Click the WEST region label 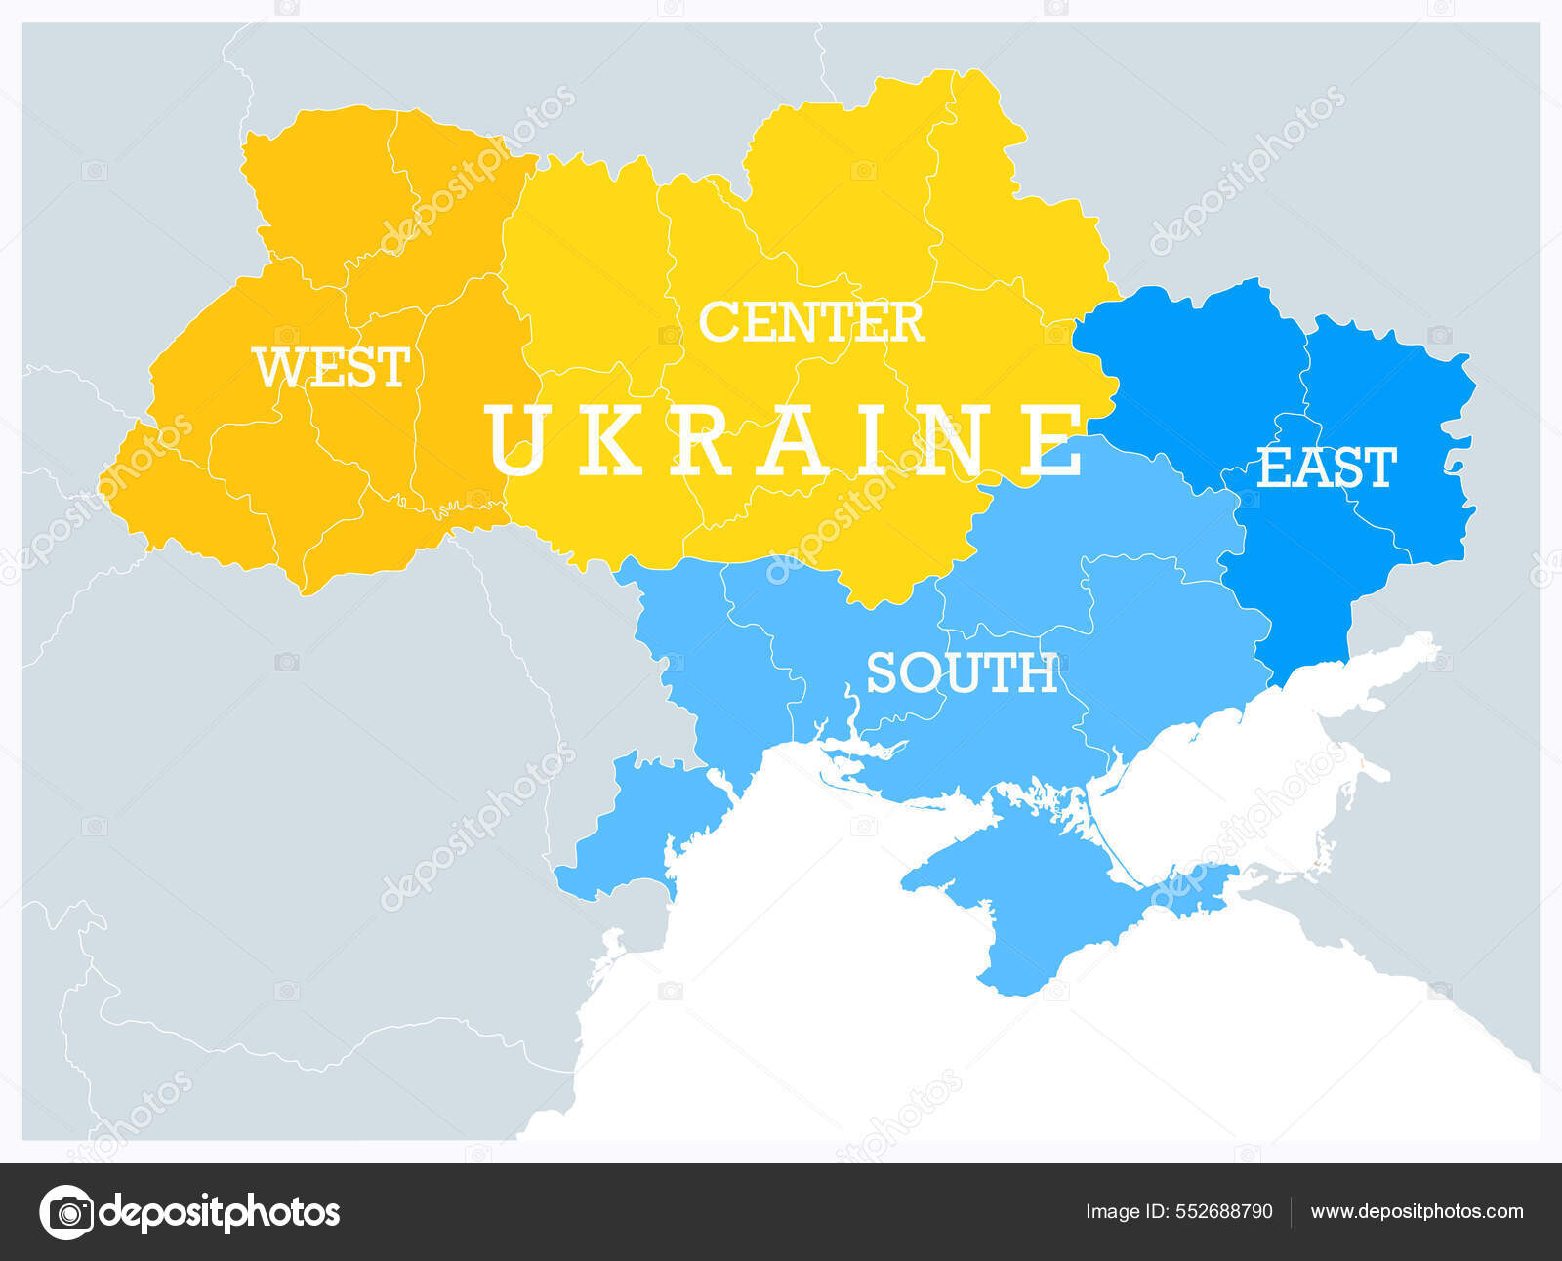coord(331,368)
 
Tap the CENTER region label coord(810,322)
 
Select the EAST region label coord(1326,468)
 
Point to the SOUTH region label coord(962,673)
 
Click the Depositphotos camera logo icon coord(67,1212)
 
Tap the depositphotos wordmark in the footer coord(220,1212)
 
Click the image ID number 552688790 coord(1223,1212)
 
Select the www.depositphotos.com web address coord(1417,1212)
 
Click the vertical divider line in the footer coord(1292,1212)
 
